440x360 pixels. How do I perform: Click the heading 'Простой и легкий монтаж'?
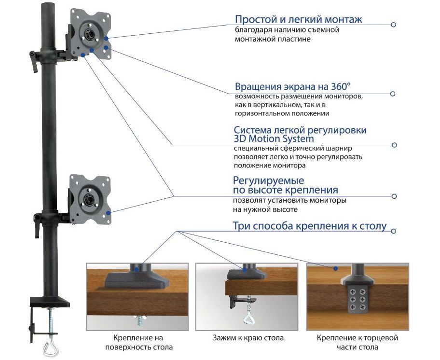click(x=298, y=20)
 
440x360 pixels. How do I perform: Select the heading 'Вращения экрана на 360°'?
click(x=292, y=87)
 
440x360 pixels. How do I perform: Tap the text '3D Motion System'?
click(x=274, y=139)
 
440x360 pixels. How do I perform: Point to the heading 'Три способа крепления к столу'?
click(x=309, y=226)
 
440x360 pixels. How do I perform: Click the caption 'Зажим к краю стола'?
click(x=248, y=338)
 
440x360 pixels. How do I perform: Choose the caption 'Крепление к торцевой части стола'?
click(x=357, y=342)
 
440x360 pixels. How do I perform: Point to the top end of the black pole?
click(x=47, y=6)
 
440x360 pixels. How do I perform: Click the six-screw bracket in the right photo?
click(x=357, y=299)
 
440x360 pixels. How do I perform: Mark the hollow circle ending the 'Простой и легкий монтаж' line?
click(x=393, y=25)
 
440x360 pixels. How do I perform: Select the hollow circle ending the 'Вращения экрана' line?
click(x=393, y=94)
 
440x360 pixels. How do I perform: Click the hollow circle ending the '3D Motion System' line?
click(x=395, y=145)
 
